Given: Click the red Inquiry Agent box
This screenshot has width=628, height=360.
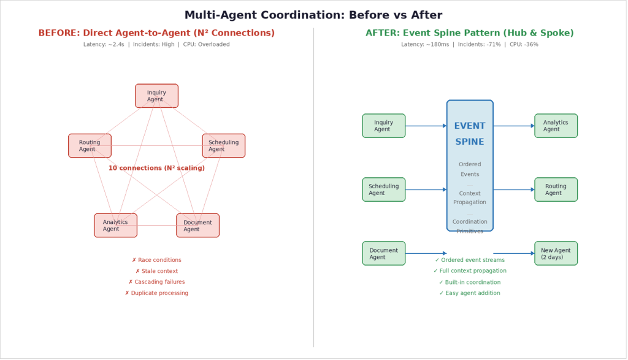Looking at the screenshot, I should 156,96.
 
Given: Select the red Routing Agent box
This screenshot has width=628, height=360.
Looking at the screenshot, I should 90,145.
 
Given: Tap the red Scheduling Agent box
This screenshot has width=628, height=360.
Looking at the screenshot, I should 223,145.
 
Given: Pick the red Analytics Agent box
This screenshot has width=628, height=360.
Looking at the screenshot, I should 115,225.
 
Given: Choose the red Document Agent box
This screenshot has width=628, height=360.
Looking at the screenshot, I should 197,225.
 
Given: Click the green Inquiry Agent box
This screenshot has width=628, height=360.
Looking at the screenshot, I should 383,126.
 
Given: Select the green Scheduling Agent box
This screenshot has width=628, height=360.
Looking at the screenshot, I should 383,190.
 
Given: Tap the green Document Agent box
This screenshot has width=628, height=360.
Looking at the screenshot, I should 383,253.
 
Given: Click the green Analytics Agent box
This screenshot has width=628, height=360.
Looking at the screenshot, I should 556,126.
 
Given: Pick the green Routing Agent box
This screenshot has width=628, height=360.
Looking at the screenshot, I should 556,190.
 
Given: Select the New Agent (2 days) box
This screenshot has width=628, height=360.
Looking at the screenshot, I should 556,253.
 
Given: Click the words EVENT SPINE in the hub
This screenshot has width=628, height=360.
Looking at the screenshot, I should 469,134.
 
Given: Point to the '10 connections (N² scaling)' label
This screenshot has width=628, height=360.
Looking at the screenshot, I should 156,167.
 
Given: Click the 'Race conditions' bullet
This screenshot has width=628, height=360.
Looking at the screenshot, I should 156,260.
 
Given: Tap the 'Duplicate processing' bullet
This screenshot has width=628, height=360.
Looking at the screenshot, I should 156,293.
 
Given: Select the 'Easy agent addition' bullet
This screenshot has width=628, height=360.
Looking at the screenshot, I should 469,293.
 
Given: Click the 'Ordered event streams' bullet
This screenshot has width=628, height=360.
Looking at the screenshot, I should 469,260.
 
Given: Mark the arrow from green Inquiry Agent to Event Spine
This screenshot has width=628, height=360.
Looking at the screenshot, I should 426,126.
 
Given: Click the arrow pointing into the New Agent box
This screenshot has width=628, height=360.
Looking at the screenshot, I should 514,253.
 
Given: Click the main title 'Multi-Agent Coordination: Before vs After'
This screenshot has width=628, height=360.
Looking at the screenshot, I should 313,15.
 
